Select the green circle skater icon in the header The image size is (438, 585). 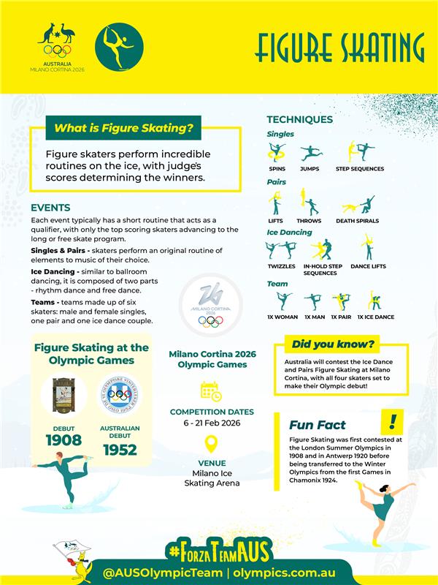tap(119, 45)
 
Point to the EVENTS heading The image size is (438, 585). tap(50, 208)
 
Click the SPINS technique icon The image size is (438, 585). tap(277, 152)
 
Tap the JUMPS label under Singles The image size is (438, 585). tap(310, 168)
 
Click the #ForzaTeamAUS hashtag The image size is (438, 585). tap(218, 551)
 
